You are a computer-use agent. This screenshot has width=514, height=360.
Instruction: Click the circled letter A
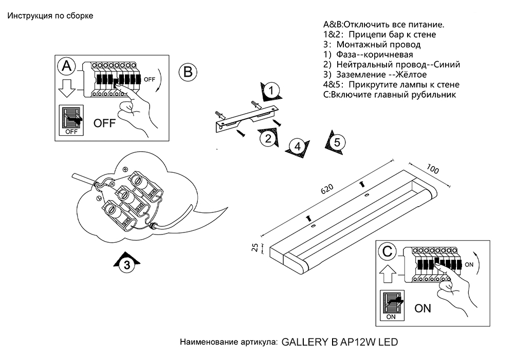pos(67,66)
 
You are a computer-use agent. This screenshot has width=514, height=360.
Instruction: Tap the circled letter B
pos(188,71)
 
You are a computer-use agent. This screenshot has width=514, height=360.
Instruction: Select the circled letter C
pos(386,252)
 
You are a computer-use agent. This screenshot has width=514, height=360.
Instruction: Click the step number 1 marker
pos(272,91)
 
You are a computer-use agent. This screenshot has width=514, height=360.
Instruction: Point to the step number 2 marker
pos(267,138)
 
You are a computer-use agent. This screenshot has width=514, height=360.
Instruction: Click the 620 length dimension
pos(326,189)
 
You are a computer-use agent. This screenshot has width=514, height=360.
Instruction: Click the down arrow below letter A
pos(67,88)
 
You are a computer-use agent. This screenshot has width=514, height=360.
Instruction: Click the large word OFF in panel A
pos(104,123)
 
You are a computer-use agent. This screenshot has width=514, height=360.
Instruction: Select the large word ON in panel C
pos(423,309)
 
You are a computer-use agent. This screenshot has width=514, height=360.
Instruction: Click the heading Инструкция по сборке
pos(50,15)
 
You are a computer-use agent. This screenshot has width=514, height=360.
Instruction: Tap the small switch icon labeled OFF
pos(72,120)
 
